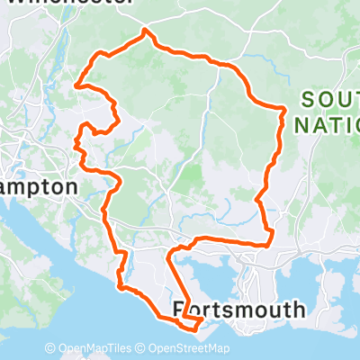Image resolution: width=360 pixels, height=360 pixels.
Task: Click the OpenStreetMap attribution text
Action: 189,348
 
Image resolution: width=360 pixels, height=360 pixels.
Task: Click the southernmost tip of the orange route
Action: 191,329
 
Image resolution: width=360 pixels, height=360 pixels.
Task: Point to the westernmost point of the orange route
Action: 76,86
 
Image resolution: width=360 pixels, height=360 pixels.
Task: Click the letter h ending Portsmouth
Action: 299,310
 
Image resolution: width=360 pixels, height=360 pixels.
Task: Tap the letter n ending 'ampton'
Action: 71,186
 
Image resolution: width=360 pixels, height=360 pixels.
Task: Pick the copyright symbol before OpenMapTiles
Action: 51,348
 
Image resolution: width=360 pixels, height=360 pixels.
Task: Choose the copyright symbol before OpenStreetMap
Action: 142,348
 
